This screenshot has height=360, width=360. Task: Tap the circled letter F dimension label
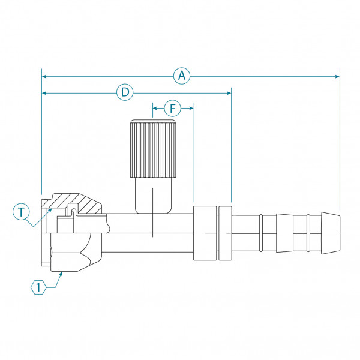point(172,109)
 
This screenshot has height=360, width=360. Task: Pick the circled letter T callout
point(22,211)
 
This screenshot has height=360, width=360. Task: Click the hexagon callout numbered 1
point(38,287)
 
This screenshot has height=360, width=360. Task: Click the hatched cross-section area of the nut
point(84,205)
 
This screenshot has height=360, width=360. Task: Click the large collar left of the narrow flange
point(205,232)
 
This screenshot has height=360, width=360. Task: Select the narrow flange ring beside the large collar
point(225,233)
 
